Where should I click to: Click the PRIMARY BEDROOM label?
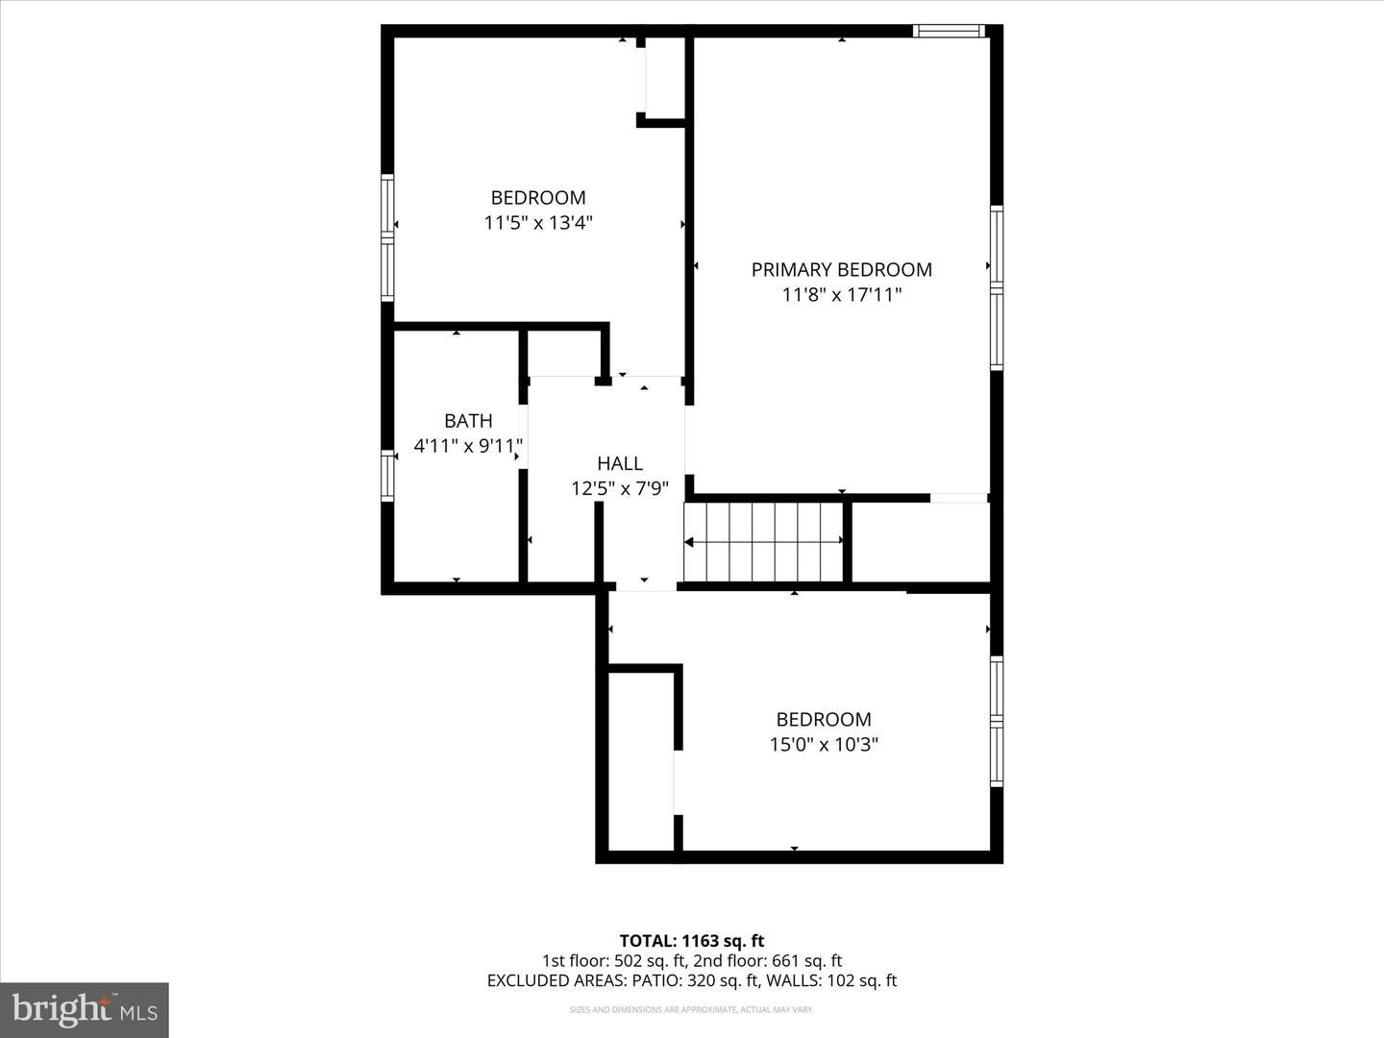pyautogui.click(x=841, y=270)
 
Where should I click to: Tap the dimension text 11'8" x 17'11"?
pyautogui.click(x=841, y=295)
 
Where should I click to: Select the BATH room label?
pyautogui.click(x=468, y=421)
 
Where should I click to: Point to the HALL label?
pyautogui.click(x=620, y=463)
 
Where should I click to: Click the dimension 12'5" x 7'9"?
pyautogui.click(x=620, y=488)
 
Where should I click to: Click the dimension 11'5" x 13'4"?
pyautogui.click(x=538, y=223)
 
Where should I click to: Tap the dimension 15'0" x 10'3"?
pyautogui.click(x=824, y=744)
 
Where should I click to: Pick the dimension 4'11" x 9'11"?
pyautogui.click(x=468, y=446)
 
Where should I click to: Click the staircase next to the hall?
pyautogui.click(x=764, y=542)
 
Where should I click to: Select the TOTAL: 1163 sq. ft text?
pyautogui.click(x=692, y=941)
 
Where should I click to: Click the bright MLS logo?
pyautogui.click(x=85, y=1010)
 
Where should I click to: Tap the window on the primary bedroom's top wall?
pyautogui.click(x=949, y=31)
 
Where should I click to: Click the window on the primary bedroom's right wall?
pyautogui.click(x=997, y=288)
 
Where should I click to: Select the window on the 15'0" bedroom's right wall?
pyautogui.click(x=997, y=721)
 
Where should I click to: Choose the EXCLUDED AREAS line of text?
pyautogui.click(x=692, y=980)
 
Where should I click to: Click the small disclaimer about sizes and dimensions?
pyautogui.click(x=692, y=1009)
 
